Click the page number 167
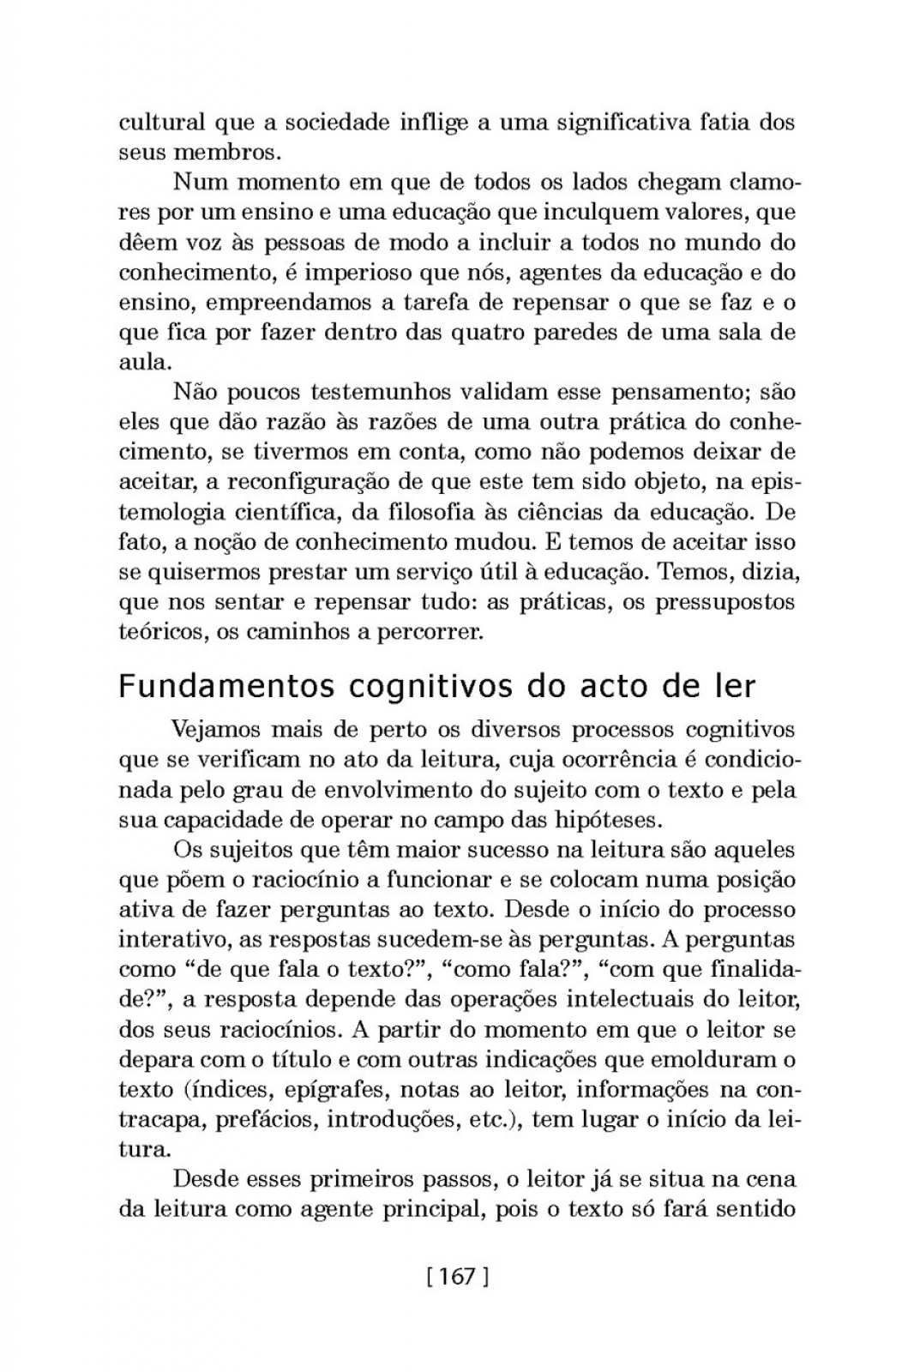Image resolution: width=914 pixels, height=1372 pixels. tap(456, 1276)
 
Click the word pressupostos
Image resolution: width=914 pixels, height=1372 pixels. tap(725, 602)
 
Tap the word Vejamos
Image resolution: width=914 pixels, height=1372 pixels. tap(224, 730)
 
